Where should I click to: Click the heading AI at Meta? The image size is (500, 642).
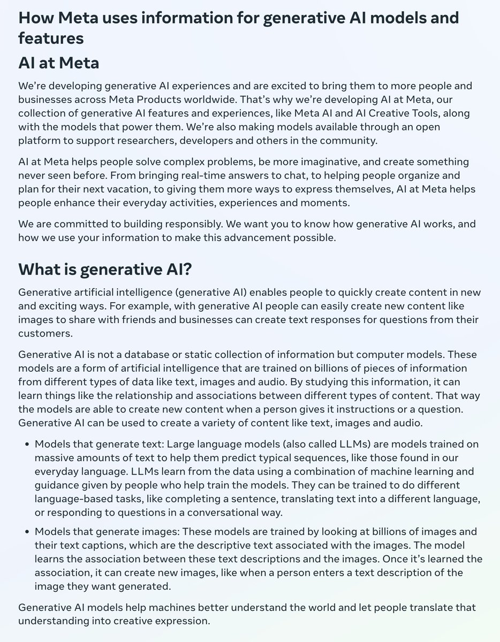(x=58, y=63)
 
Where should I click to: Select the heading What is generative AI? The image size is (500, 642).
(x=105, y=270)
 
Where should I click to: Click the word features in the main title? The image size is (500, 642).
(x=51, y=39)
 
